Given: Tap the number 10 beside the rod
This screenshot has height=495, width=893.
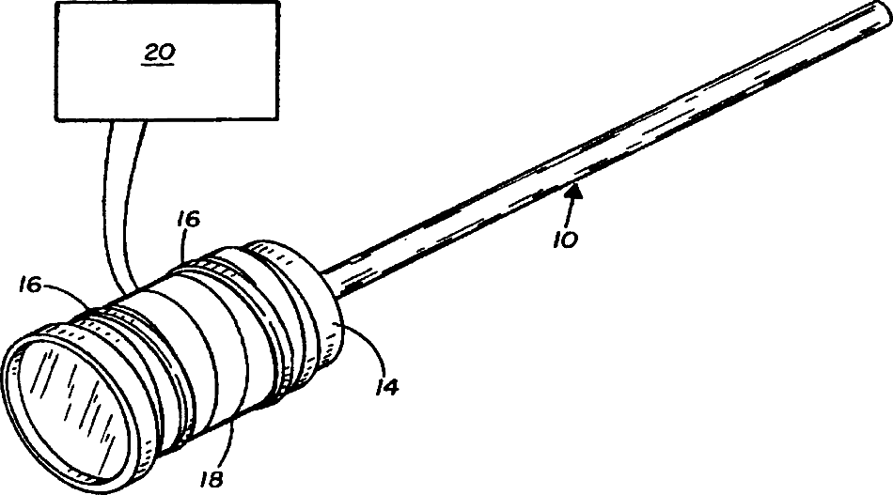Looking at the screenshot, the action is [566, 239].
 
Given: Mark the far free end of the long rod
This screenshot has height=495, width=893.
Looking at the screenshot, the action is [883, 12].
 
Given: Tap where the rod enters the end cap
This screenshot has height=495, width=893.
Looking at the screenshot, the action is [331, 278].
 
